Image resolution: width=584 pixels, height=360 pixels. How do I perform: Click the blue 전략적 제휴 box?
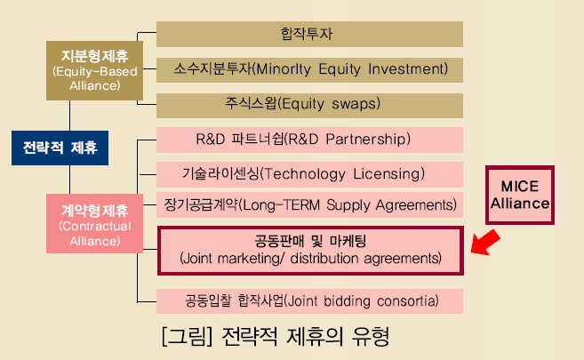(x=60, y=148)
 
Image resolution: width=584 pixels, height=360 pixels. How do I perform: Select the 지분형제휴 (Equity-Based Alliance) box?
(x=94, y=71)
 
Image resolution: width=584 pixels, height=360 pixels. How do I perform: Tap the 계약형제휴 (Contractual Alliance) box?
(x=94, y=223)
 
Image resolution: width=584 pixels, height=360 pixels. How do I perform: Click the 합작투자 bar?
(x=309, y=35)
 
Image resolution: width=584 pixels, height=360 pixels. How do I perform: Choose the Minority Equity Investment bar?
(x=309, y=70)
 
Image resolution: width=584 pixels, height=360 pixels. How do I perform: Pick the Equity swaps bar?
(x=309, y=106)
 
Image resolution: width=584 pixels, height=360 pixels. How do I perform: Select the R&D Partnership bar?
(x=309, y=140)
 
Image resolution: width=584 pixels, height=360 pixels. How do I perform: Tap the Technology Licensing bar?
(x=309, y=174)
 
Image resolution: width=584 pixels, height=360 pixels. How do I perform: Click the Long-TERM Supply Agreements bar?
(x=309, y=204)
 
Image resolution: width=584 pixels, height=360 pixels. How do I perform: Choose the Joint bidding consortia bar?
(x=309, y=301)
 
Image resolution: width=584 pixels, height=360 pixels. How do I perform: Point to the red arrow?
(x=485, y=243)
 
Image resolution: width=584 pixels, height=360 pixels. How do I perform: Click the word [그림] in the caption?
(x=187, y=337)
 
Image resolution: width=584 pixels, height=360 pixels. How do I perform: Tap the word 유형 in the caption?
(x=370, y=336)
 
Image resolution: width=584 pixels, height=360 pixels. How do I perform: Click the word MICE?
(x=520, y=186)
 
